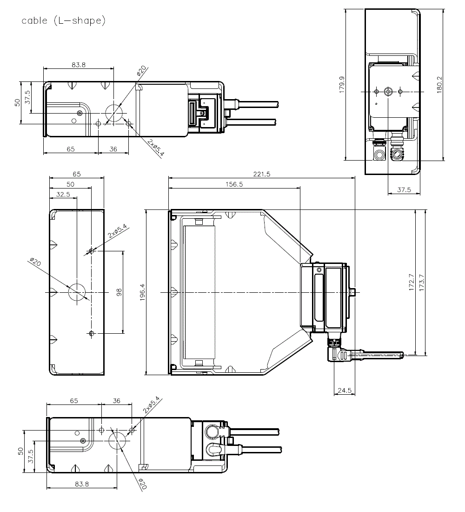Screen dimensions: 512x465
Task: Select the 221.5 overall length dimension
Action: click(262, 174)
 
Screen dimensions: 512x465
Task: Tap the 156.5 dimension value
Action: click(233, 184)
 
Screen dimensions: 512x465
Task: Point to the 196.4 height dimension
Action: click(142, 292)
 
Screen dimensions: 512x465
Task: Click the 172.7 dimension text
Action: click(411, 282)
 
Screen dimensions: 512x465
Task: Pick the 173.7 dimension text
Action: click(422, 282)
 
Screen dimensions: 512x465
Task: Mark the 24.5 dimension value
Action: click(344, 390)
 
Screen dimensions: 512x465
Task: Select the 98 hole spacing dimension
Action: click(119, 292)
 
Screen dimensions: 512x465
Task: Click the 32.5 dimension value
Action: click(63, 195)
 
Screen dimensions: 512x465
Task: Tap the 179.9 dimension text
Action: click(342, 85)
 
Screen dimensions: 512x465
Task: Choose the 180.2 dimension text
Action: click(439, 85)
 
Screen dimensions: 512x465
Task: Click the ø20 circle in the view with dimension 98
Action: click(77, 292)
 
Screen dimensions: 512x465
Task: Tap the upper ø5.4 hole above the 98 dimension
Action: click(92, 251)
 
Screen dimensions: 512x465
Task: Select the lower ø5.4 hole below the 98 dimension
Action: click(92, 333)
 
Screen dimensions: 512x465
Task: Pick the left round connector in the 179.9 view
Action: click(379, 154)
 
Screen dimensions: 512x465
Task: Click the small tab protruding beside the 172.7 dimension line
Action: click(352, 292)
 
